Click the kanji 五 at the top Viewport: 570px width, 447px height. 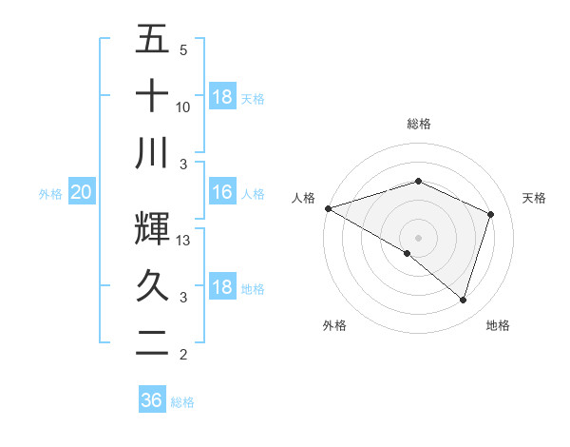pos(152,39)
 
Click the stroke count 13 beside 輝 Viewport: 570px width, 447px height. pos(184,241)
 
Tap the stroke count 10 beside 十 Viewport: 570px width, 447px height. pos(184,107)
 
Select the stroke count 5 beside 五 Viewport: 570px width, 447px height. pos(183,50)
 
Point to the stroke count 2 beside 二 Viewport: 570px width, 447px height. pos(183,355)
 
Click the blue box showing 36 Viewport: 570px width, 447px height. pos(152,400)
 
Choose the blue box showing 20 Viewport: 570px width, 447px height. pos(81,193)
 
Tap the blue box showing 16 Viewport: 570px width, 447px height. pos(221,193)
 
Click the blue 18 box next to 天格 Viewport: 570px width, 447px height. pos(221,97)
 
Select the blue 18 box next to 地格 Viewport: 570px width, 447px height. pos(221,288)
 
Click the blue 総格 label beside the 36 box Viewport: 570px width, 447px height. pos(182,402)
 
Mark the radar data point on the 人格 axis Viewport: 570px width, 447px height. pos(328,208)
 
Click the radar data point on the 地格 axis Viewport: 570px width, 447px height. pos(463,300)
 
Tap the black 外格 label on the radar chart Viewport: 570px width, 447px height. pos(334,325)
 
